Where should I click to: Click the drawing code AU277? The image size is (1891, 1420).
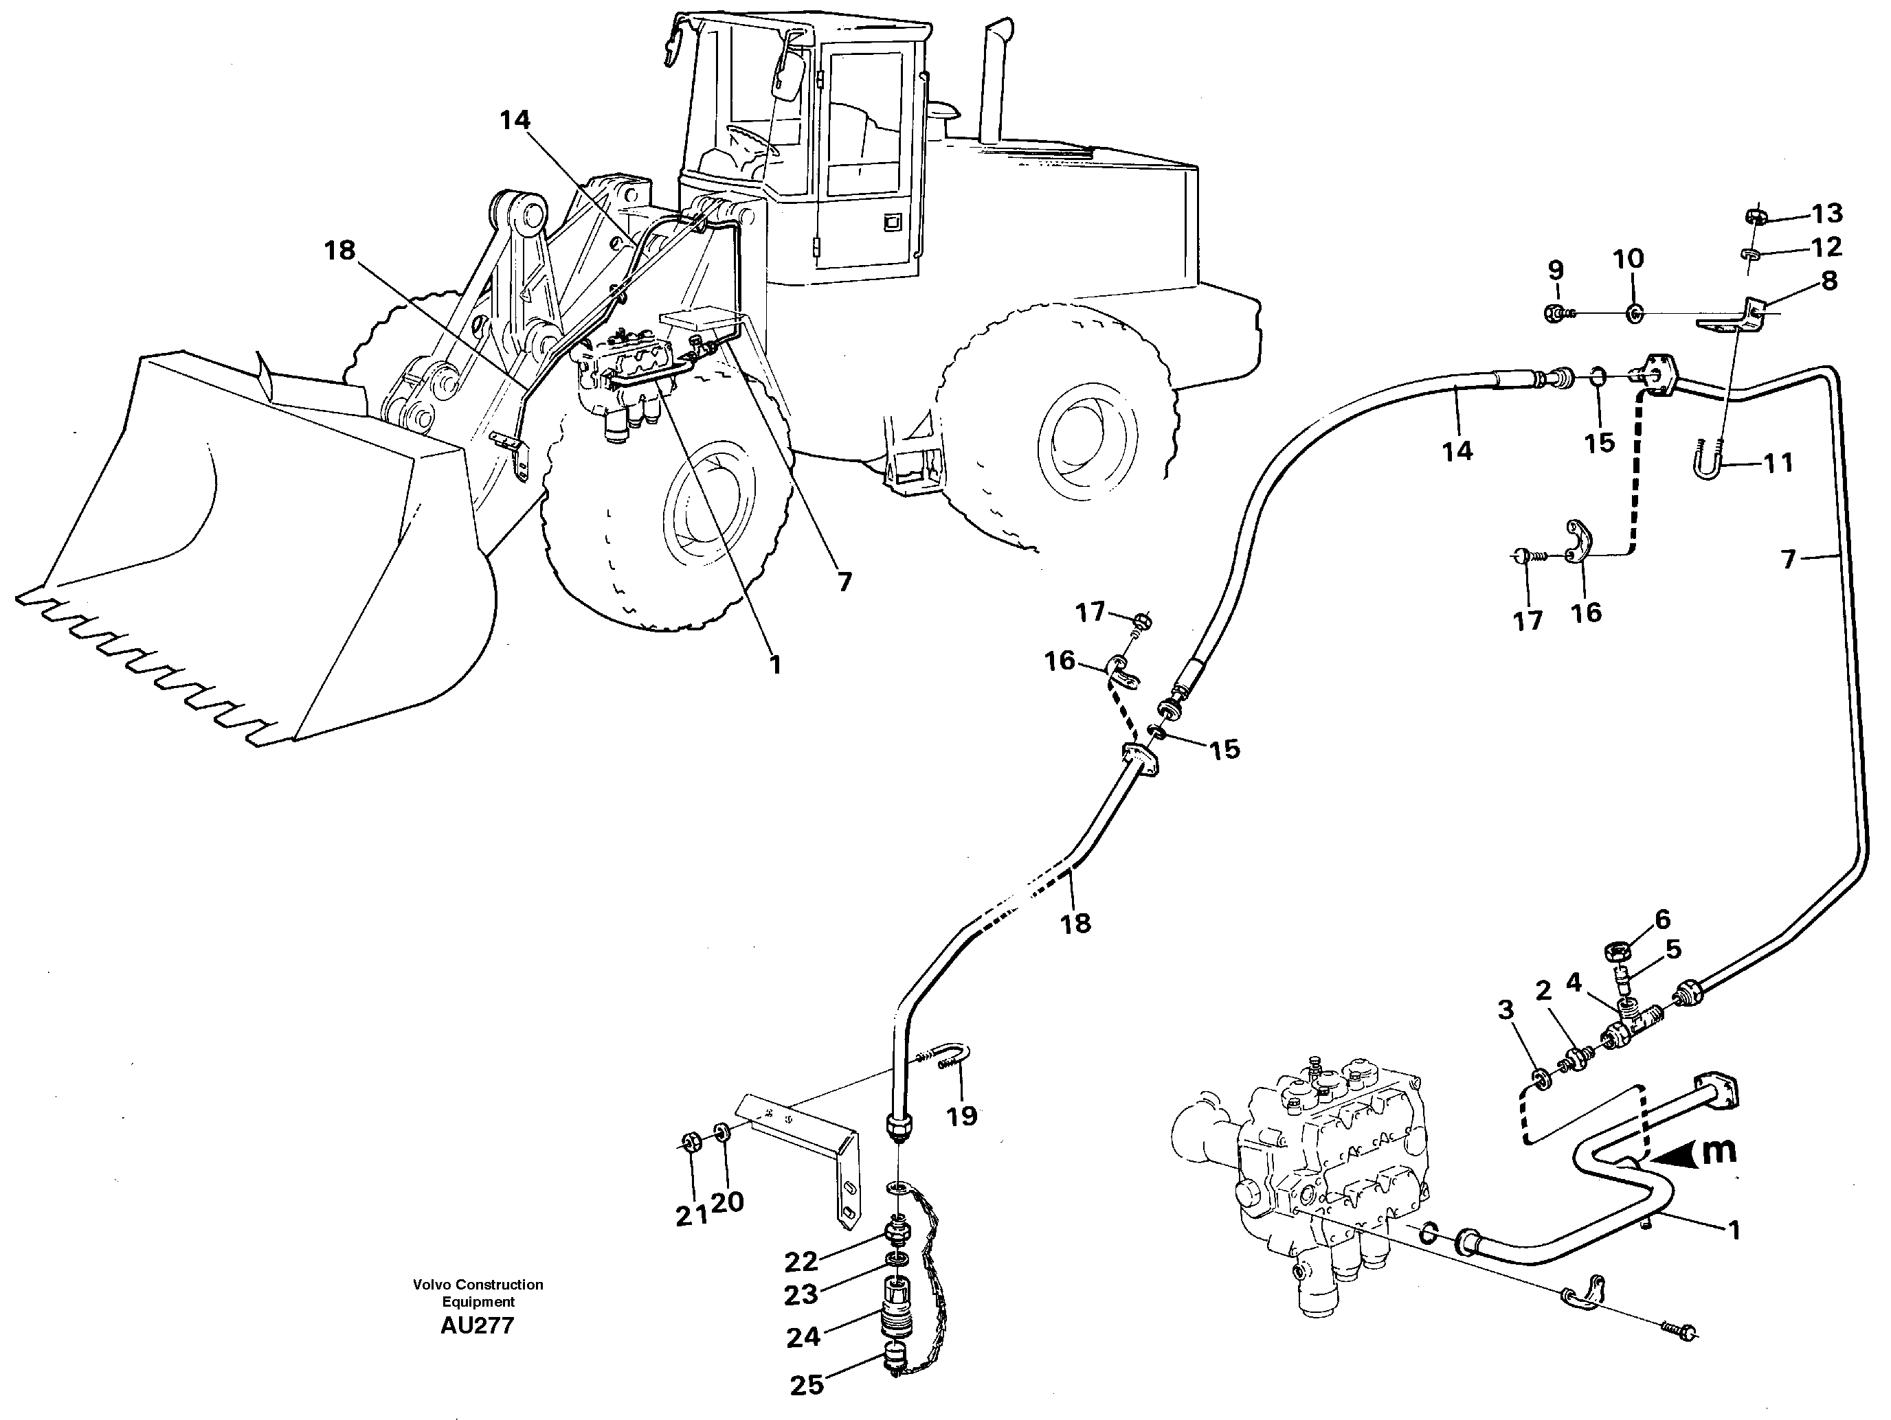pos(477,1325)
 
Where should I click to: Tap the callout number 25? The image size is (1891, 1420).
pos(806,1385)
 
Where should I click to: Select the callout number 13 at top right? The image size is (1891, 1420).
pos(1827,213)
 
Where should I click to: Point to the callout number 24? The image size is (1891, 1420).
pos(803,1337)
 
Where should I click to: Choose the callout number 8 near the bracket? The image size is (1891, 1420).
pos(1828,281)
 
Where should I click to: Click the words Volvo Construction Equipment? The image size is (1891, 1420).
pos(477,1293)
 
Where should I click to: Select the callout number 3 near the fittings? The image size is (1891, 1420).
pos(1506,1011)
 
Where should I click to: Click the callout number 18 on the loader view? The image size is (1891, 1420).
pos(339,251)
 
